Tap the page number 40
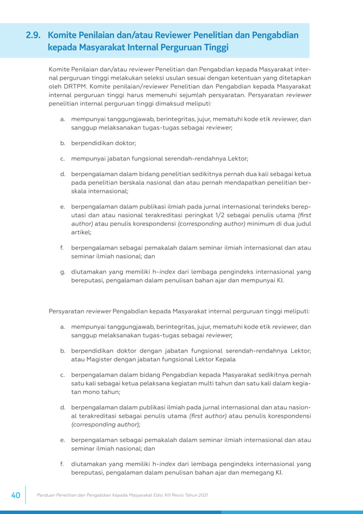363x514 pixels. (15, 495)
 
